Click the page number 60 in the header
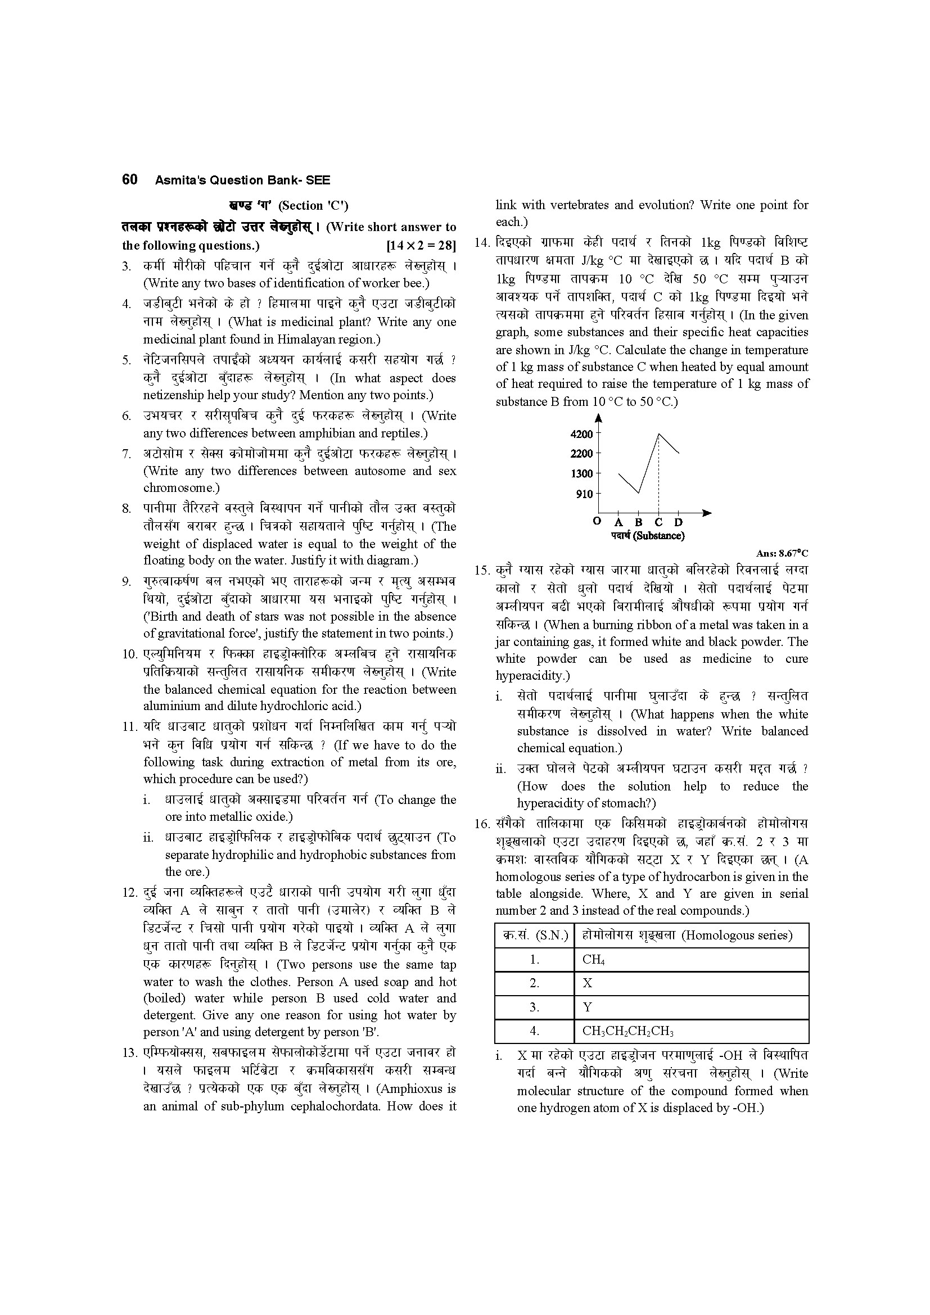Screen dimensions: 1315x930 (129, 180)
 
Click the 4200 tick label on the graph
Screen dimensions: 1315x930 (581, 434)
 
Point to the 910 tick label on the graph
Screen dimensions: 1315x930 (584, 494)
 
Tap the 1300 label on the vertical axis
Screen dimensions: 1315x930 (581, 473)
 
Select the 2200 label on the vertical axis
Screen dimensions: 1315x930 (581, 454)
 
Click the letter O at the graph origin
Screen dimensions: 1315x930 (597, 521)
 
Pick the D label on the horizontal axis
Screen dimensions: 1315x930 (679, 522)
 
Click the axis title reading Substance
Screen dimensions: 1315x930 (647, 536)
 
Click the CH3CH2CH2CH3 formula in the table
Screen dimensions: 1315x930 (627, 1032)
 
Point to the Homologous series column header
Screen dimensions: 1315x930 (687, 936)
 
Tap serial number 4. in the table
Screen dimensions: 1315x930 (534, 1032)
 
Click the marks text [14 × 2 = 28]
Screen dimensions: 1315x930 (421, 246)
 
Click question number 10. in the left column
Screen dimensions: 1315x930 (131, 654)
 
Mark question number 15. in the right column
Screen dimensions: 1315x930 (484, 571)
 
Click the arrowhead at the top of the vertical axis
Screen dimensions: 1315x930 (598, 417)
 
